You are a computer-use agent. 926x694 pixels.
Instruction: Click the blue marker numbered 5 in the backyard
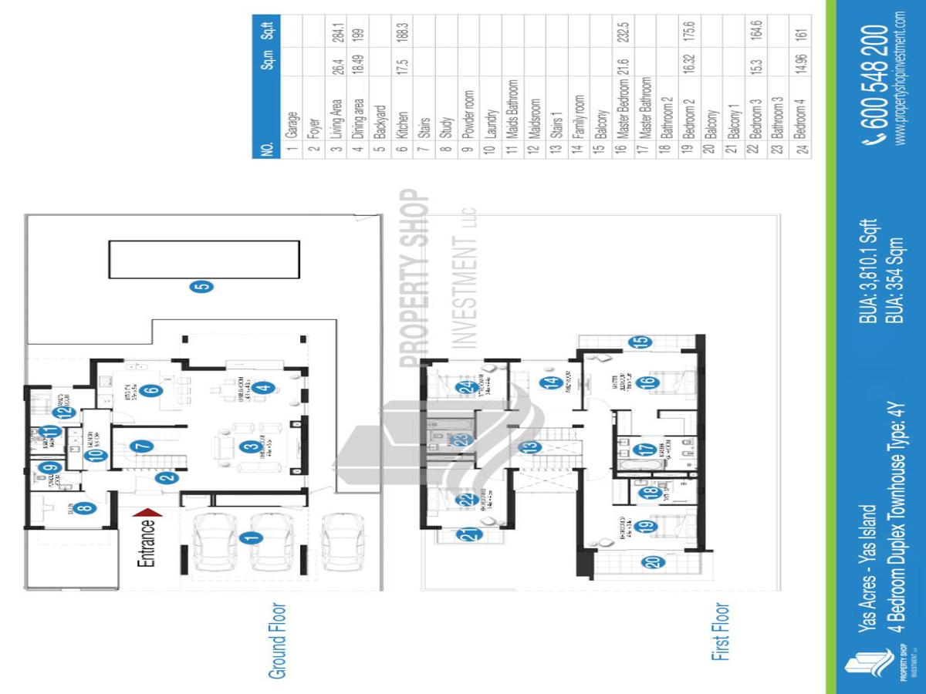click(x=202, y=287)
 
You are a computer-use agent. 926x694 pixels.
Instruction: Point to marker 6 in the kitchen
click(x=153, y=390)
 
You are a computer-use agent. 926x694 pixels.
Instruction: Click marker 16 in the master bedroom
click(x=648, y=380)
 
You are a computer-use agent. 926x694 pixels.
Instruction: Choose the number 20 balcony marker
click(x=654, y=562)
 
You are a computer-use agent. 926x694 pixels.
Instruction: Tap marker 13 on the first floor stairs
click(x=529, y=447)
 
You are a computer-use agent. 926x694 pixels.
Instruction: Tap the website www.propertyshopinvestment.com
click(x=901, y=77)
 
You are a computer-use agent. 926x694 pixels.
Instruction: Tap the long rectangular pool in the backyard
click(x=203, y=260)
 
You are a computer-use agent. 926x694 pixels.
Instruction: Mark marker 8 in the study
click(x=85, y=507)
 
